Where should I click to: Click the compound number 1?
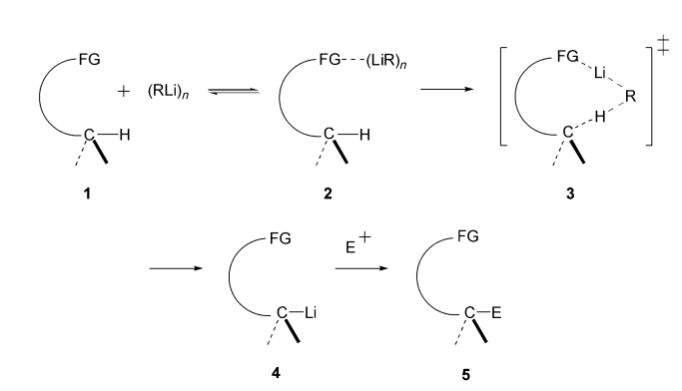[88, 190]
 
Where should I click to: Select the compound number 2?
[330, 190]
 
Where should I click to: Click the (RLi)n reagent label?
[169, 91]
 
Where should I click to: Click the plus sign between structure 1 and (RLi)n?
[124, 91]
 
